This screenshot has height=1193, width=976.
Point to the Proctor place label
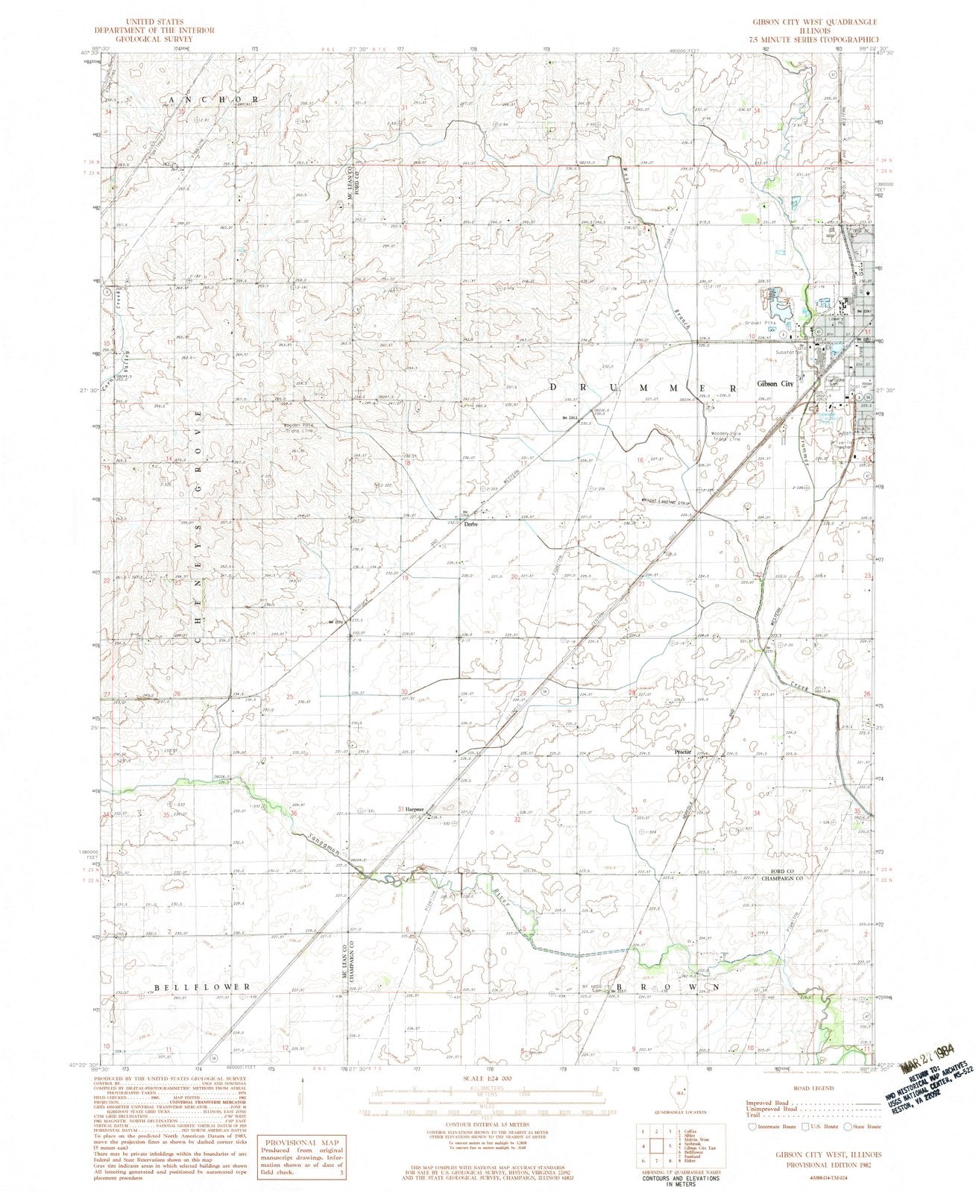point(683,752)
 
